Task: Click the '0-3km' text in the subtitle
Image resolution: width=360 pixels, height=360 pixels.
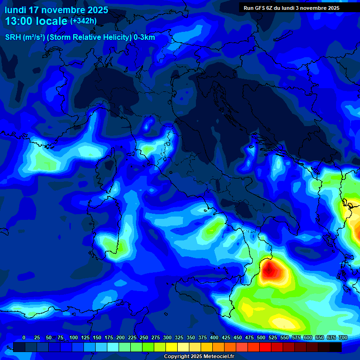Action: [144, 37]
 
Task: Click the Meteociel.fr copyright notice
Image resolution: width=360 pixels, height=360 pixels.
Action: [199, 357]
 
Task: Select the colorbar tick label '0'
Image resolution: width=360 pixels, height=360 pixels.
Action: [24, 337]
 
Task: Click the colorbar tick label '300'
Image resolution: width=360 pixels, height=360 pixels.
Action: [167, 337]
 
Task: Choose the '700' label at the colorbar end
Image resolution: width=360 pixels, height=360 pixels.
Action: [343, 337]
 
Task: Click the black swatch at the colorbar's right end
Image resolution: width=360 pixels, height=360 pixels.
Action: [336, 347]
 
